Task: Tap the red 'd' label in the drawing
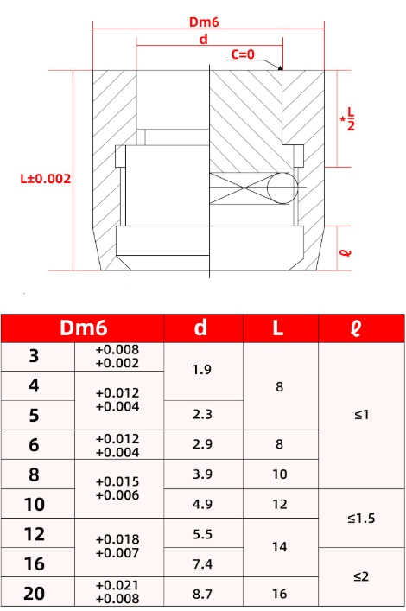[203, 40]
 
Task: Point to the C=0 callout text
[243, 54]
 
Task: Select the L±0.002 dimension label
[45, 179]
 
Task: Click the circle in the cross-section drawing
[280, 187]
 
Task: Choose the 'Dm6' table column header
[83, 328]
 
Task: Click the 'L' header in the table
[279, 328]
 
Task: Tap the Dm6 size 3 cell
[35, 357]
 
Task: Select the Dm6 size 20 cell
[35, 592]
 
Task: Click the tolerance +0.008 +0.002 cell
[117, 357]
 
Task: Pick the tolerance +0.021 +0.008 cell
[117, 592]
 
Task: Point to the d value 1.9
[203, 370]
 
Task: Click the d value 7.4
[203, 563]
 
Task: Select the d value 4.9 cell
[203, 505]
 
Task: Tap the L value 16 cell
[279, 592]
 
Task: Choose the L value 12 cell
[279, 505]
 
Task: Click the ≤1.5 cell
[361, 519]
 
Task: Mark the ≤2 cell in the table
[361, 576]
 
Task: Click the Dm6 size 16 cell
[35, 563]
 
